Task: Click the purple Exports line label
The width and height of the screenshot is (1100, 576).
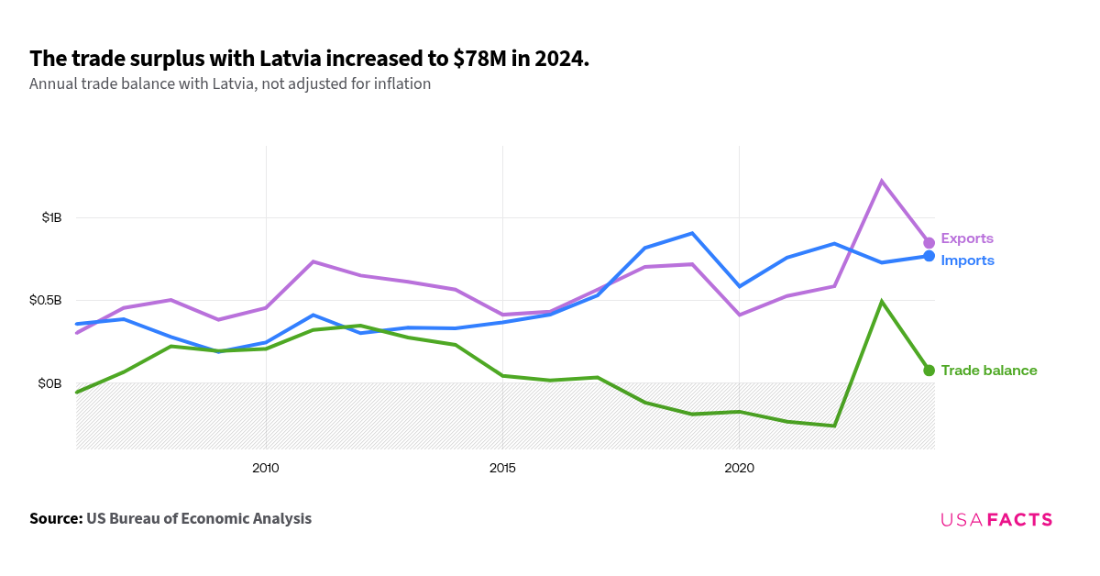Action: pos(966,238)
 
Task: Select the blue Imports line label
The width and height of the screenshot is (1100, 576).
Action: pos(967,260)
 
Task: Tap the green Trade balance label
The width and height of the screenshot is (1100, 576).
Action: pos(988,371)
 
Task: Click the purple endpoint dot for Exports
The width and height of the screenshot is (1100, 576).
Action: pos(929,243)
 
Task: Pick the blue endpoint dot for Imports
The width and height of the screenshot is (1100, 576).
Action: pos(929,256)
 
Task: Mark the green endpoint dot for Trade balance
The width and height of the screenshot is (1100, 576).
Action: pos(929,371)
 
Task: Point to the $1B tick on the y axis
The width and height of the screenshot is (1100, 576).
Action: pos(51,217)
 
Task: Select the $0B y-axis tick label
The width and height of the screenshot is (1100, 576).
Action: pos(49,382)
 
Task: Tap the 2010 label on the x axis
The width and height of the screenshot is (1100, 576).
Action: pos(266,469)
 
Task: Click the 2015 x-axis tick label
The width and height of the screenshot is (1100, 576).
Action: pos(502,469)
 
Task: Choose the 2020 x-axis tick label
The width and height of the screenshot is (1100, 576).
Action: pos(739,469)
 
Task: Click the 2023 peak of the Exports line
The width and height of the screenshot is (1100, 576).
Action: pos(881,181)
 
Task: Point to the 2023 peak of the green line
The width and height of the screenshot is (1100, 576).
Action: pos(881,302)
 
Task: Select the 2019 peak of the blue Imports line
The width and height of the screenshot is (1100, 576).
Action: pos(692,233)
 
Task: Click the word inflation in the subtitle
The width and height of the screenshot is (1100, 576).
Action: pos(400,84)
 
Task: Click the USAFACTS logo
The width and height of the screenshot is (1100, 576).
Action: pos(996,520)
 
